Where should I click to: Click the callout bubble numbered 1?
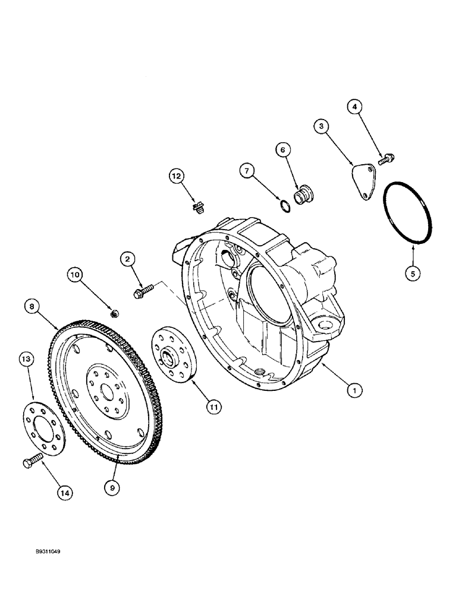pos(355,390)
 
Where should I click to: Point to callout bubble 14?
pos(65,492)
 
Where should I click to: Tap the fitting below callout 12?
pos(197,208)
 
